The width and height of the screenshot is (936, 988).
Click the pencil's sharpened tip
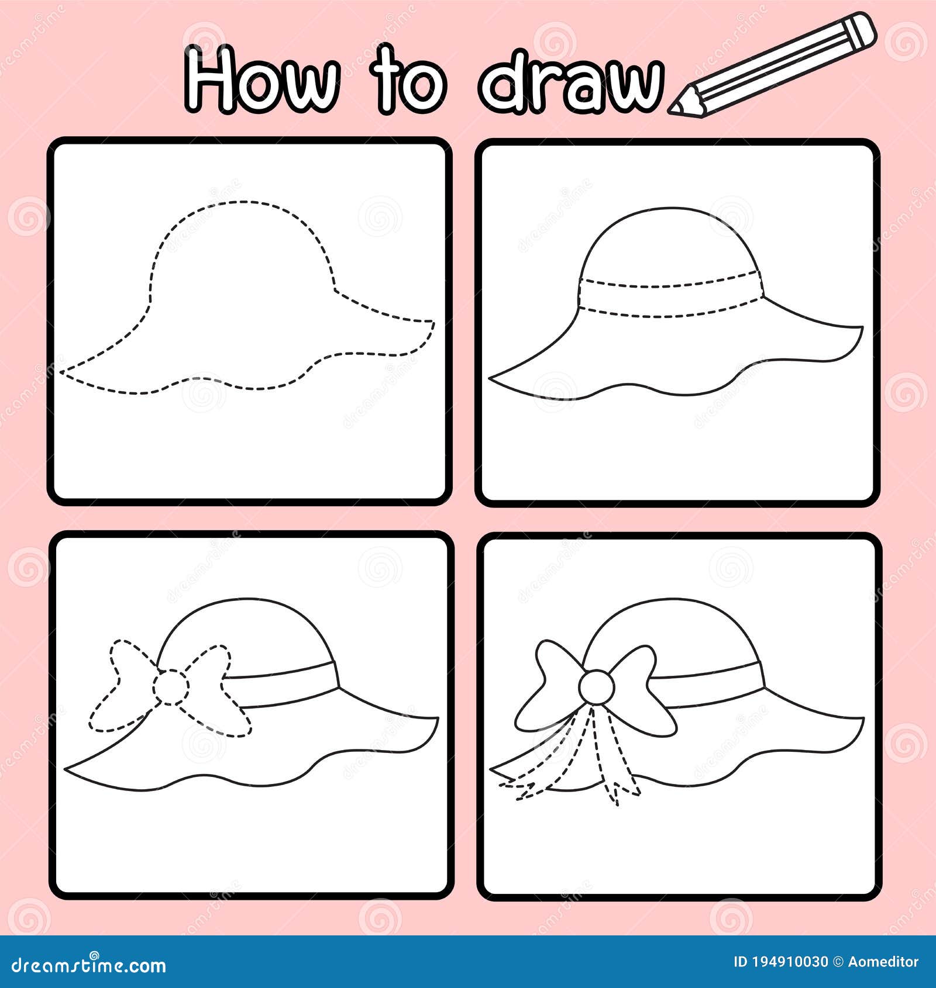click(x=677, y=108)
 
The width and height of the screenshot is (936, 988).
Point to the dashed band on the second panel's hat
click(x=670, y=300)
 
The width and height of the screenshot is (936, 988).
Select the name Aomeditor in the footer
click(x=883, y=962)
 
